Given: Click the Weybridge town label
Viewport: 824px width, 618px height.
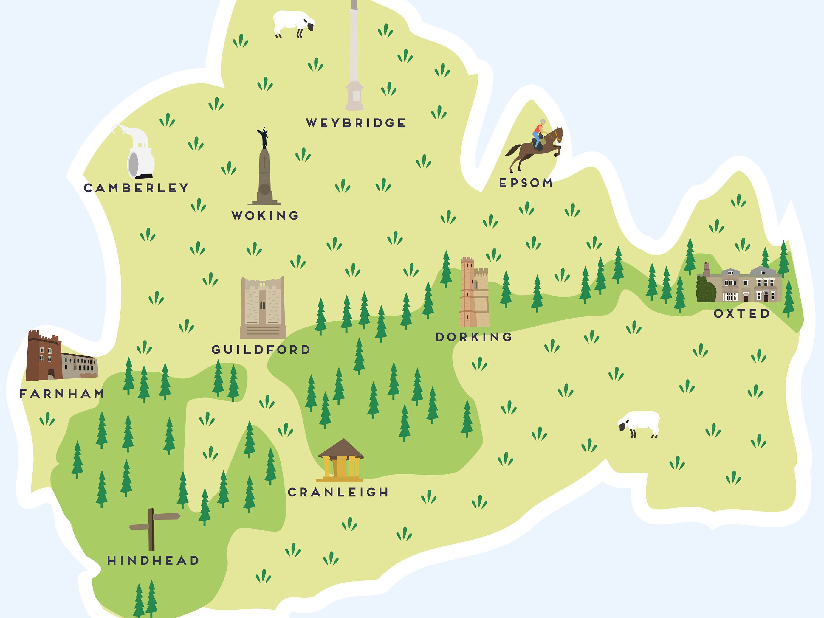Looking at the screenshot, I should (356, 123).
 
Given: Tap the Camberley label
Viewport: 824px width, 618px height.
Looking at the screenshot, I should (136, 188).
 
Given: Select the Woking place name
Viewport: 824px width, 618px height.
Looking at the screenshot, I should (265, 215).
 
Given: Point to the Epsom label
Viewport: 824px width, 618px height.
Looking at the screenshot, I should (526, 183).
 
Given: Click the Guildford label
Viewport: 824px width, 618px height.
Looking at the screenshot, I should (261, 350).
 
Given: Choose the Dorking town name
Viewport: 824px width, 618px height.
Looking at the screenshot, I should (473, 337).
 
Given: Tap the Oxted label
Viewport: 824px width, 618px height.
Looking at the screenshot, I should (741, 313).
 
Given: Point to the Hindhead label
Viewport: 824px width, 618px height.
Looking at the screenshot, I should (153, 560).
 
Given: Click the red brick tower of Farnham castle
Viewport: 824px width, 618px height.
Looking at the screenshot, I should (43, 355).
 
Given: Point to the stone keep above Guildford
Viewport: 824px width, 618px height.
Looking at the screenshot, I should (263, 307).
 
